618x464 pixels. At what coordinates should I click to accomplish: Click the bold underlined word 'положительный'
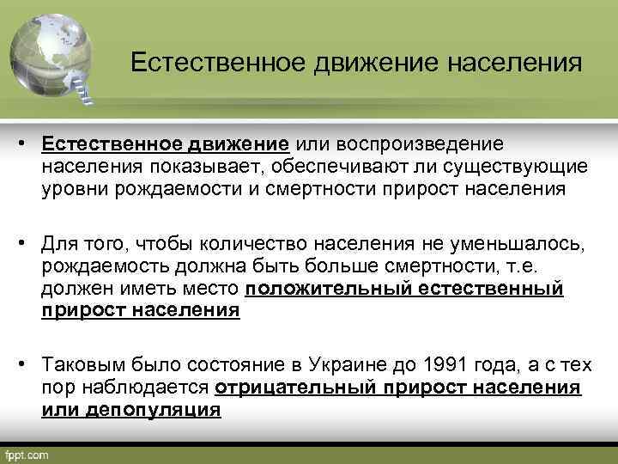click(325, 290)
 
